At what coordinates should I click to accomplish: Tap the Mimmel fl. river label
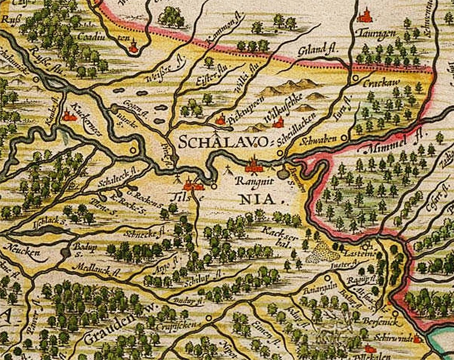[393, 143]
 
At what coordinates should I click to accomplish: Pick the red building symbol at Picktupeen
[221, 119]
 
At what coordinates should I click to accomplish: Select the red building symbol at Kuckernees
[69, 115]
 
